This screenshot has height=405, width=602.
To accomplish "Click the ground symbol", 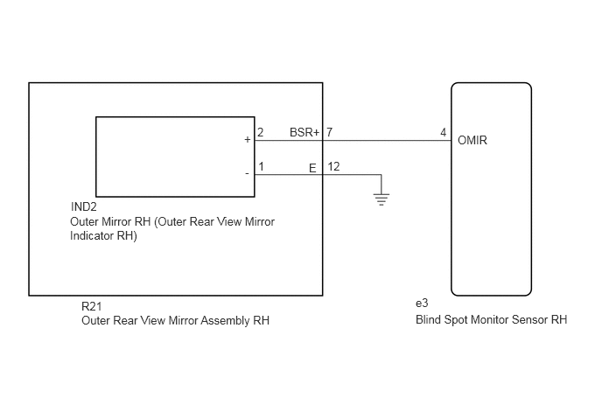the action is tap(381, 199).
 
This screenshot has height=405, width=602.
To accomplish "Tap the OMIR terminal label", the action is tap(472, 141).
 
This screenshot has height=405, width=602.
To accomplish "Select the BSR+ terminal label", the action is tap(304, 132).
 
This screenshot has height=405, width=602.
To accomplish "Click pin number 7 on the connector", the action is tap(329, 132).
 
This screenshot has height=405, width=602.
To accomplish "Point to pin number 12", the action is tap(333, 166).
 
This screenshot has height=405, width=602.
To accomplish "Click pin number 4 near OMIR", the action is tap(443, 132).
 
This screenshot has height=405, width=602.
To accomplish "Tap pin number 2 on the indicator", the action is tap(260, 132).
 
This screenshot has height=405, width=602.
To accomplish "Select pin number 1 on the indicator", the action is tap(261, 166).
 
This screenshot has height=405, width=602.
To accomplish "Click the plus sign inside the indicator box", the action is tap(248, 140).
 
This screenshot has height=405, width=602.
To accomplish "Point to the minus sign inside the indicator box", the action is tap(247, 174).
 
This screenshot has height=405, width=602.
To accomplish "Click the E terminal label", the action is tap(312, 168).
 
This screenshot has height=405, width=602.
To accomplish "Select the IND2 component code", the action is tap(84, 207).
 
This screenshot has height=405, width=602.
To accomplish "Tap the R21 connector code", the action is tap(91, 306).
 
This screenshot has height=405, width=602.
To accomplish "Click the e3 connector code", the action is tap(422, 304).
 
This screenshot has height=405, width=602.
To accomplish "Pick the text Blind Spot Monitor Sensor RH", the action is tap(491, 320).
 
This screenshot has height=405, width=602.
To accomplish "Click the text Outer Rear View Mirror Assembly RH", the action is tap(176, 320).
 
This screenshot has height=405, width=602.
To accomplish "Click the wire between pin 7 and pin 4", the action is tap(387, 141).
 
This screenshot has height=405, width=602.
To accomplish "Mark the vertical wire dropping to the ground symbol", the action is tap(381, 185).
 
